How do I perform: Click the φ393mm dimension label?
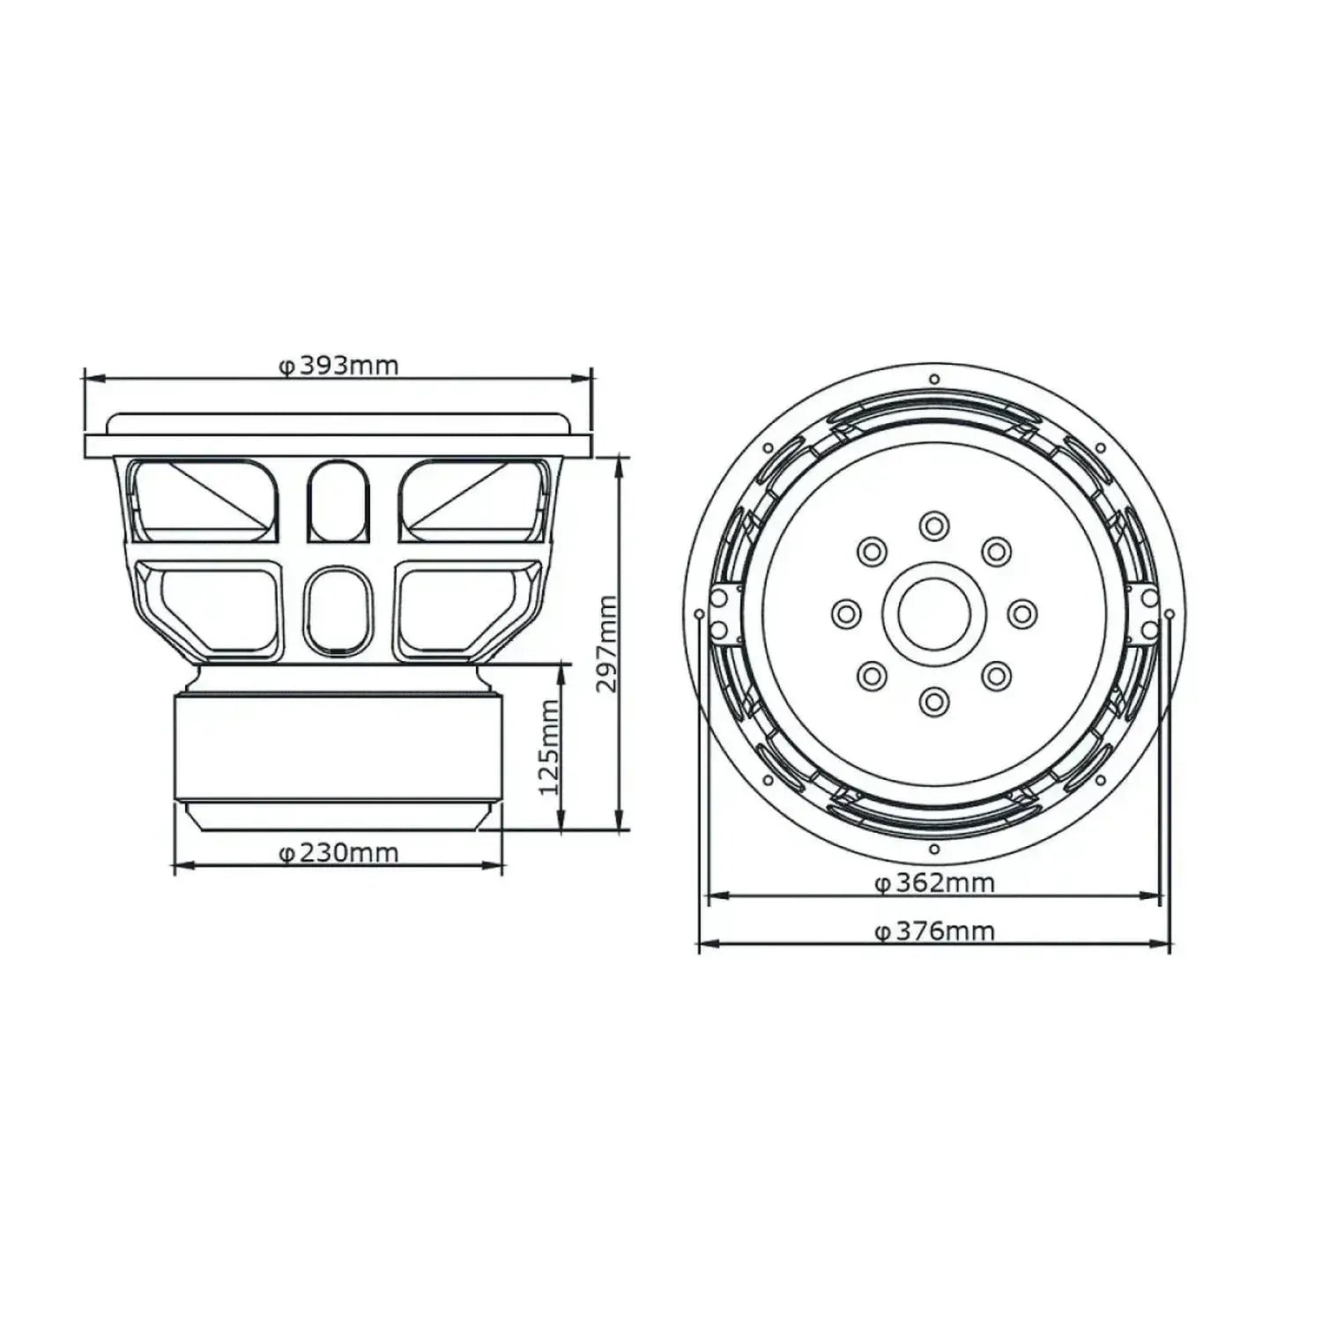click(x=339, y=365)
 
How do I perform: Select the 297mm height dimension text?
click(x=607, y=643)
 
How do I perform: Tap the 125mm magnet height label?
click(x=548, y=746)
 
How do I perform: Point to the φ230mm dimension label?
click(x=339, y=853)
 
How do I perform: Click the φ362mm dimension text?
click(x=935, y=882)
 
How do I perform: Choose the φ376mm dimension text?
click(x=935, y=931)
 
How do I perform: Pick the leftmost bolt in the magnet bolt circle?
click(x=846, y=613)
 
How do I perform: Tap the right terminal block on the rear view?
click(x=1147, y=613)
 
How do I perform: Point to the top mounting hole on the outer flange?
click(x=934, y=380)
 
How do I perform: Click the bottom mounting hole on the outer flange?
click(x=934, y=850)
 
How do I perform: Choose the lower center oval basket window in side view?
click(x=338, y=610)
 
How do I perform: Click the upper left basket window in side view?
click(x=204, y=500)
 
